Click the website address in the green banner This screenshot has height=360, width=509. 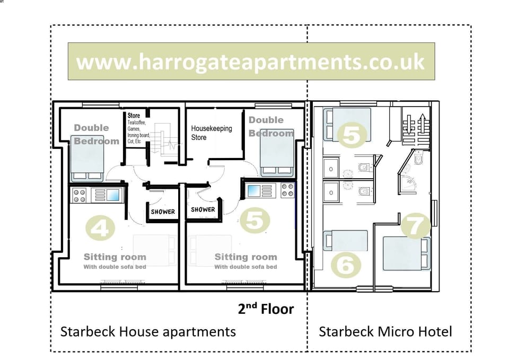[251, 62]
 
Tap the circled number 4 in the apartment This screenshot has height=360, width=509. [100, 229]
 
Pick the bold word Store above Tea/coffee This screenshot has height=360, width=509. [134, 116]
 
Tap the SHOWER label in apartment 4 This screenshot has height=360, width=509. [163, 212]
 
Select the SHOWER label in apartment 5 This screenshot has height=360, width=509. [203, 209]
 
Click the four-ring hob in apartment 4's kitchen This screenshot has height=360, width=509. [80, 195]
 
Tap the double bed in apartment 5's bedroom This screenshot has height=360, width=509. [275, 154]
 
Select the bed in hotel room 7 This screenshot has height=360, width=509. [406, 253]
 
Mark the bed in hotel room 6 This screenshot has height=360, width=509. [345, 241]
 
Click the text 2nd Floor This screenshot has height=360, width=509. [266, 309]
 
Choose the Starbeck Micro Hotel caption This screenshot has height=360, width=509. [385, 332]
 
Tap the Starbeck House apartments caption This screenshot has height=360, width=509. [148, 332]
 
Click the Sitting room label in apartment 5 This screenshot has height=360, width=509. [245, 257]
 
